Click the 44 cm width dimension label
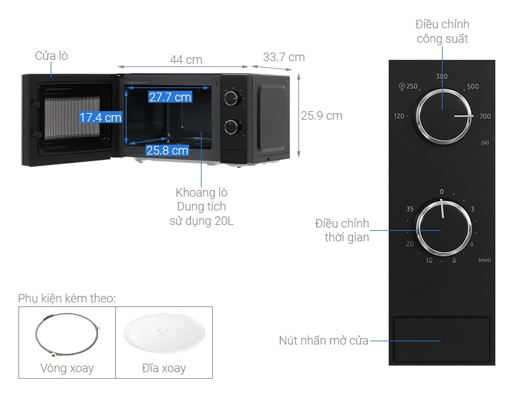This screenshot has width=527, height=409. tap(186, 60)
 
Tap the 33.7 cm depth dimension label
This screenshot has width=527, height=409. tap(283, 57)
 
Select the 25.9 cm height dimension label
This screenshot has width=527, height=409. tap(321, 116)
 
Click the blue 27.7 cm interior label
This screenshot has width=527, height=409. tap(169, 97)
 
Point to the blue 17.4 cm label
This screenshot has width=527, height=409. tap(101, 118)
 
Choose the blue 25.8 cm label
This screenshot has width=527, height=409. tap(167, 151)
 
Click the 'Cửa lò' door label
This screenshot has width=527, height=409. tap(51, 56)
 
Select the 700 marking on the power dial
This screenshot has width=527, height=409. tap(485, 117)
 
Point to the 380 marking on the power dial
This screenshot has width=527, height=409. tap(441, 77)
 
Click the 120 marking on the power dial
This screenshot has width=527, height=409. tap(399, 116)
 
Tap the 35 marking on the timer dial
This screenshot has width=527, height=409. tap(410, 210)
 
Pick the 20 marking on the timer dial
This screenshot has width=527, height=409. tap(410, 244)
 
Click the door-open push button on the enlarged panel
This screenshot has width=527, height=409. tap(441, 341)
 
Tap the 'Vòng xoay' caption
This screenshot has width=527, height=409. tap(67, 368)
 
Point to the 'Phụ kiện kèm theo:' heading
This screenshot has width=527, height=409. tap(67, 298)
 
